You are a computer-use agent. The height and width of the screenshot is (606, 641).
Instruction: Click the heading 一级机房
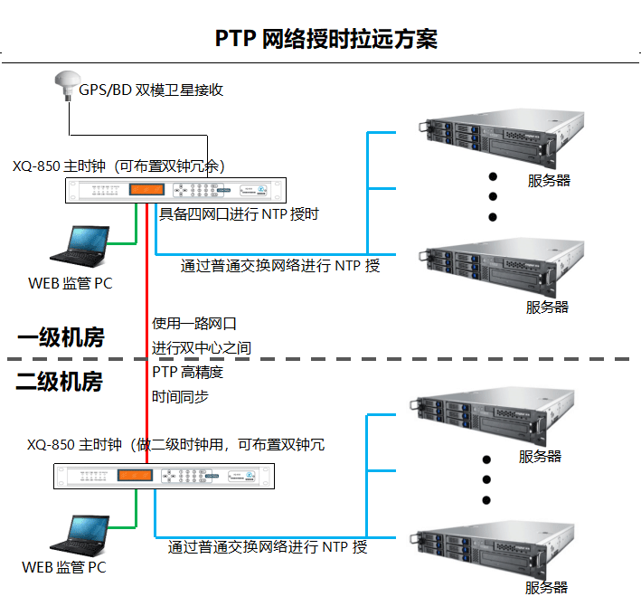[61, 338]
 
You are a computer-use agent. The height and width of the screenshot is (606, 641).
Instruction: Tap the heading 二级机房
[60, 381]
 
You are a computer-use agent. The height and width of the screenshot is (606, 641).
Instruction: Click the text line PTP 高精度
[187, 372]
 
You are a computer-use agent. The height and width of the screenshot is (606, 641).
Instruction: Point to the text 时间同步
[181, 396]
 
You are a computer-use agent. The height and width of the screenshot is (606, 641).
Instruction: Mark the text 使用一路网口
[194, 323]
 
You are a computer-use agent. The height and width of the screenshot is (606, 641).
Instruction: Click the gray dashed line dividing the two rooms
[362, 359]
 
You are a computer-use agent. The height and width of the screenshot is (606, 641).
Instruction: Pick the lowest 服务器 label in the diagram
[547, 588]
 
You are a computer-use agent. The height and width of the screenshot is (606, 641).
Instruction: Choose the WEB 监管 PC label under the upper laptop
[71, 283]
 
